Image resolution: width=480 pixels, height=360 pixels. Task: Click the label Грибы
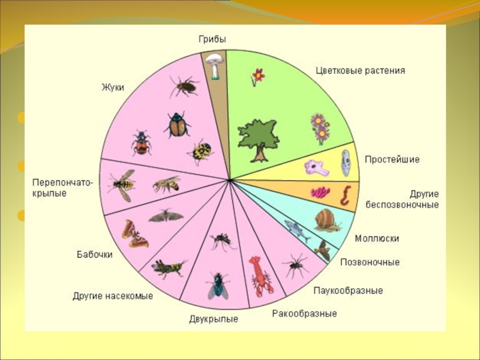(x=212, y=39)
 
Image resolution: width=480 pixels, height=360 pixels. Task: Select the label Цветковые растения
(x=360, y=70)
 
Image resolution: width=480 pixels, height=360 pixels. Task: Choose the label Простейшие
(x=392, y=160)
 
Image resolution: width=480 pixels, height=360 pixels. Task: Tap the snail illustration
(x=327, y=221)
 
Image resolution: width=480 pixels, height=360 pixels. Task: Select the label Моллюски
(x=377, y=238)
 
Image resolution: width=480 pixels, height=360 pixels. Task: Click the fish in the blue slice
(x=296, y=229)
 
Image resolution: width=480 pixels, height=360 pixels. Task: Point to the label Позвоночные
(x=370, y=262)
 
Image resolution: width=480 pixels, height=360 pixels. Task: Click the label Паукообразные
(x=348, y=290)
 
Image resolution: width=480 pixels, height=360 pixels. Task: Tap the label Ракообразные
(x=304, y=313)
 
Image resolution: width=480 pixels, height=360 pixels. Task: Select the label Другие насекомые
(x=113, y=296)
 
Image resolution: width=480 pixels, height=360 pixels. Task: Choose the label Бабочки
(x=94, y=254)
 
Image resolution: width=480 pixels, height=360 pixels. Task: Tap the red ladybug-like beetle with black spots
(x=141, y=143)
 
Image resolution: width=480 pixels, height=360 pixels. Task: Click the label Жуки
(x=112, y=87)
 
